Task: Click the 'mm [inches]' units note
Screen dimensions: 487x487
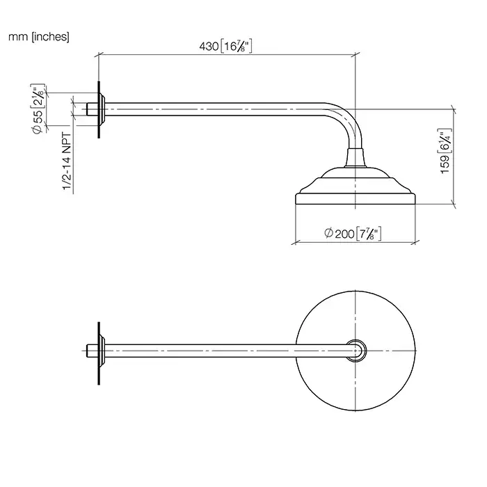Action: (38, 36)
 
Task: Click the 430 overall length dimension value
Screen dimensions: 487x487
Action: (209, 47)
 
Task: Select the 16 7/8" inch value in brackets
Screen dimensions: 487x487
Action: (235, 47)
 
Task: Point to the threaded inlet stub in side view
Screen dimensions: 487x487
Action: (91, 109)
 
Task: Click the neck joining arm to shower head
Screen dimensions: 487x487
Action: (356, 157)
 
